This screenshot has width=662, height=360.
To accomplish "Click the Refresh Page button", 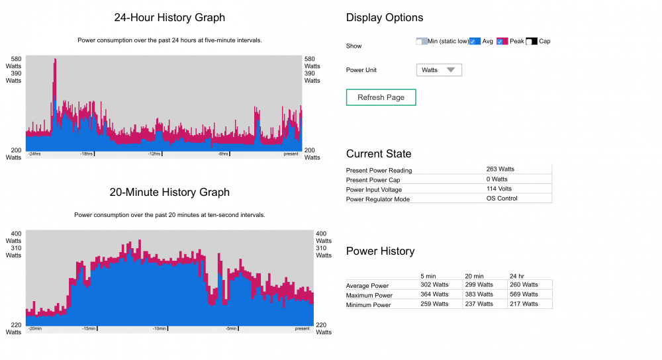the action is (x=381, y=97).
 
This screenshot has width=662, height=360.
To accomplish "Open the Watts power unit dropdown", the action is (x=439, y=70).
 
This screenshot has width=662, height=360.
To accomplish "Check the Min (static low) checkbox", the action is (x=421, y=41).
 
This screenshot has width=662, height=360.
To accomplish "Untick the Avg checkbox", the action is (x=475, y=41).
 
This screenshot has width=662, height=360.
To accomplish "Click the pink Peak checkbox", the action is (x=502, y=41).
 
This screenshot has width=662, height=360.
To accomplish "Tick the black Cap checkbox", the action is (x=532, y=41).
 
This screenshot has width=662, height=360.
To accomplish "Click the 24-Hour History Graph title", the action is (x=169, y=18).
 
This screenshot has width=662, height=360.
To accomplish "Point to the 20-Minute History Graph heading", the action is (x=169, y=193).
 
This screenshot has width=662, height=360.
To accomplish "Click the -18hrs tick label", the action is (x=86, y=154).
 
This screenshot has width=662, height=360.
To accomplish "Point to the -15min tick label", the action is (x=89, y=329).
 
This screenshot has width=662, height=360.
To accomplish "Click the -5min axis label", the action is (x=231, y=329).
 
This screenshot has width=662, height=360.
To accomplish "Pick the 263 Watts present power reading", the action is (x=500, y=169).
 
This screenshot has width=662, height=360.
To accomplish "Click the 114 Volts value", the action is (x=499, y=189).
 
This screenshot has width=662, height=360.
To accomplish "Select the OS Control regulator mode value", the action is (x=502, y=199).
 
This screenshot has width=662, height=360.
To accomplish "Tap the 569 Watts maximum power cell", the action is (x=524, y=294).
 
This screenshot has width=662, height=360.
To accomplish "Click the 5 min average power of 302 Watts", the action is (x=434, y=285).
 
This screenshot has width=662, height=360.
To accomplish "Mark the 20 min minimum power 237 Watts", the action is (x=479, y=304).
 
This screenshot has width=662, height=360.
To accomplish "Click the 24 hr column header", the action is (x=517, y=276).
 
